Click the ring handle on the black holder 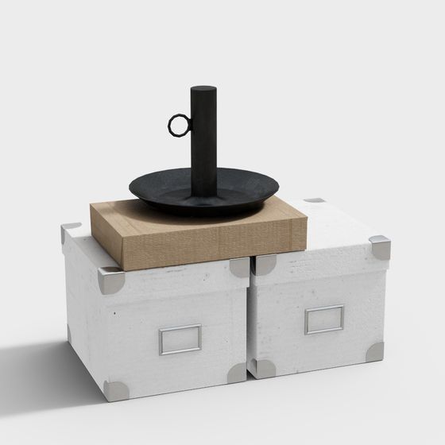pos(178,124)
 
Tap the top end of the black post pos(203,89)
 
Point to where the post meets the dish pos(203,194)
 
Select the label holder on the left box pos(180,339)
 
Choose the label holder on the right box pos(324,319)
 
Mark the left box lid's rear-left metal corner pos(69,230)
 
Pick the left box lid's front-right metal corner pos(239,267)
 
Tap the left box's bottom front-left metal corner pos(116,389)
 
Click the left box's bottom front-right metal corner pos(237,373)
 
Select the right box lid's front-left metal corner pos(265,265)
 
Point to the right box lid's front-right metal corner pos(381,248)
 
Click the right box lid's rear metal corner pos(315,200)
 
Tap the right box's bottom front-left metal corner pos(264,368)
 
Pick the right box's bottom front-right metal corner pos(375,351)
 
